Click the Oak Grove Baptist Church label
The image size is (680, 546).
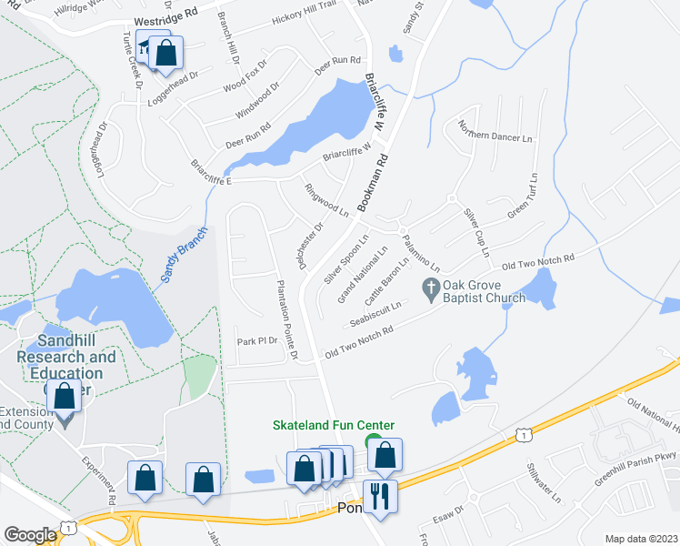(x=484, y=291)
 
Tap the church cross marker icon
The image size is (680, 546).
(x=431, y=288)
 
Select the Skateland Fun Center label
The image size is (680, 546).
(x=335, y=425)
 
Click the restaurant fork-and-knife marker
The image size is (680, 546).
(x=378, y=497)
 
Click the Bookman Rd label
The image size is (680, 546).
(x=374, y=182)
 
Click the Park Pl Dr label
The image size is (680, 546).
(x=255, y=342)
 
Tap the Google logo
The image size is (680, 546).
(x=30, y=534)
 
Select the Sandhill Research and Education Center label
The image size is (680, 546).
(x=66, y=366)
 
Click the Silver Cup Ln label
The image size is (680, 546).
(x=477, y=232)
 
